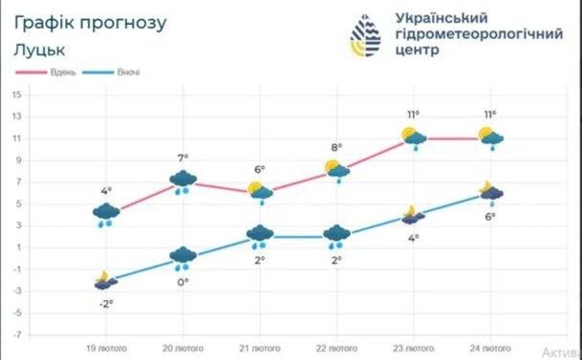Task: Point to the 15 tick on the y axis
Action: tap(17, 95)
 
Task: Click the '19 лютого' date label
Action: tap(107, 349)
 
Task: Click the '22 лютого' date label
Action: tap(336, 349)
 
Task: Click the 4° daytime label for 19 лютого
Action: tap(107, 189)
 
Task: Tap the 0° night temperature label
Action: tap(183, 282)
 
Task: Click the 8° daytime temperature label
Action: tap(336, 147)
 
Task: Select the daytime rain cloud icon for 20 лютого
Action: tap(183, 180)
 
